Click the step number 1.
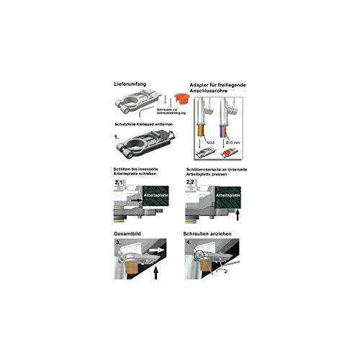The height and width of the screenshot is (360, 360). [117, 135]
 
